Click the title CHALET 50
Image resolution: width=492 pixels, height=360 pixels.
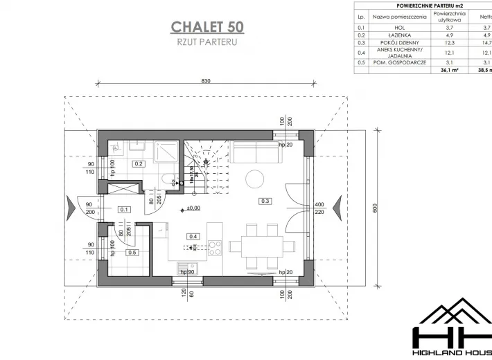click(207, 27)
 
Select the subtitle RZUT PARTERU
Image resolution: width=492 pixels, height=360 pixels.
click(207, 42)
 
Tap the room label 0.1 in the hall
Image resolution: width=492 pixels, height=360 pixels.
click(125, 209)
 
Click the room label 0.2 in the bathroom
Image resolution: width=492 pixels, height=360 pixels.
click(138, 163)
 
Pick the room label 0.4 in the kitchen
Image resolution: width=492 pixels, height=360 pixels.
click(193, 236)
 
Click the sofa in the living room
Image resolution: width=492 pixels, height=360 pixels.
click(256, 151)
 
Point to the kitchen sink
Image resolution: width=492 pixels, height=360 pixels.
click(187, 267)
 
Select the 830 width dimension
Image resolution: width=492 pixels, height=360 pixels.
click(206, 81)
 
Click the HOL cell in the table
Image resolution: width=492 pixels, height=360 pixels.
click(398, 27)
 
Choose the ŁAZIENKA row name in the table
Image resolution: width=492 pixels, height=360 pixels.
click(398, 35)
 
